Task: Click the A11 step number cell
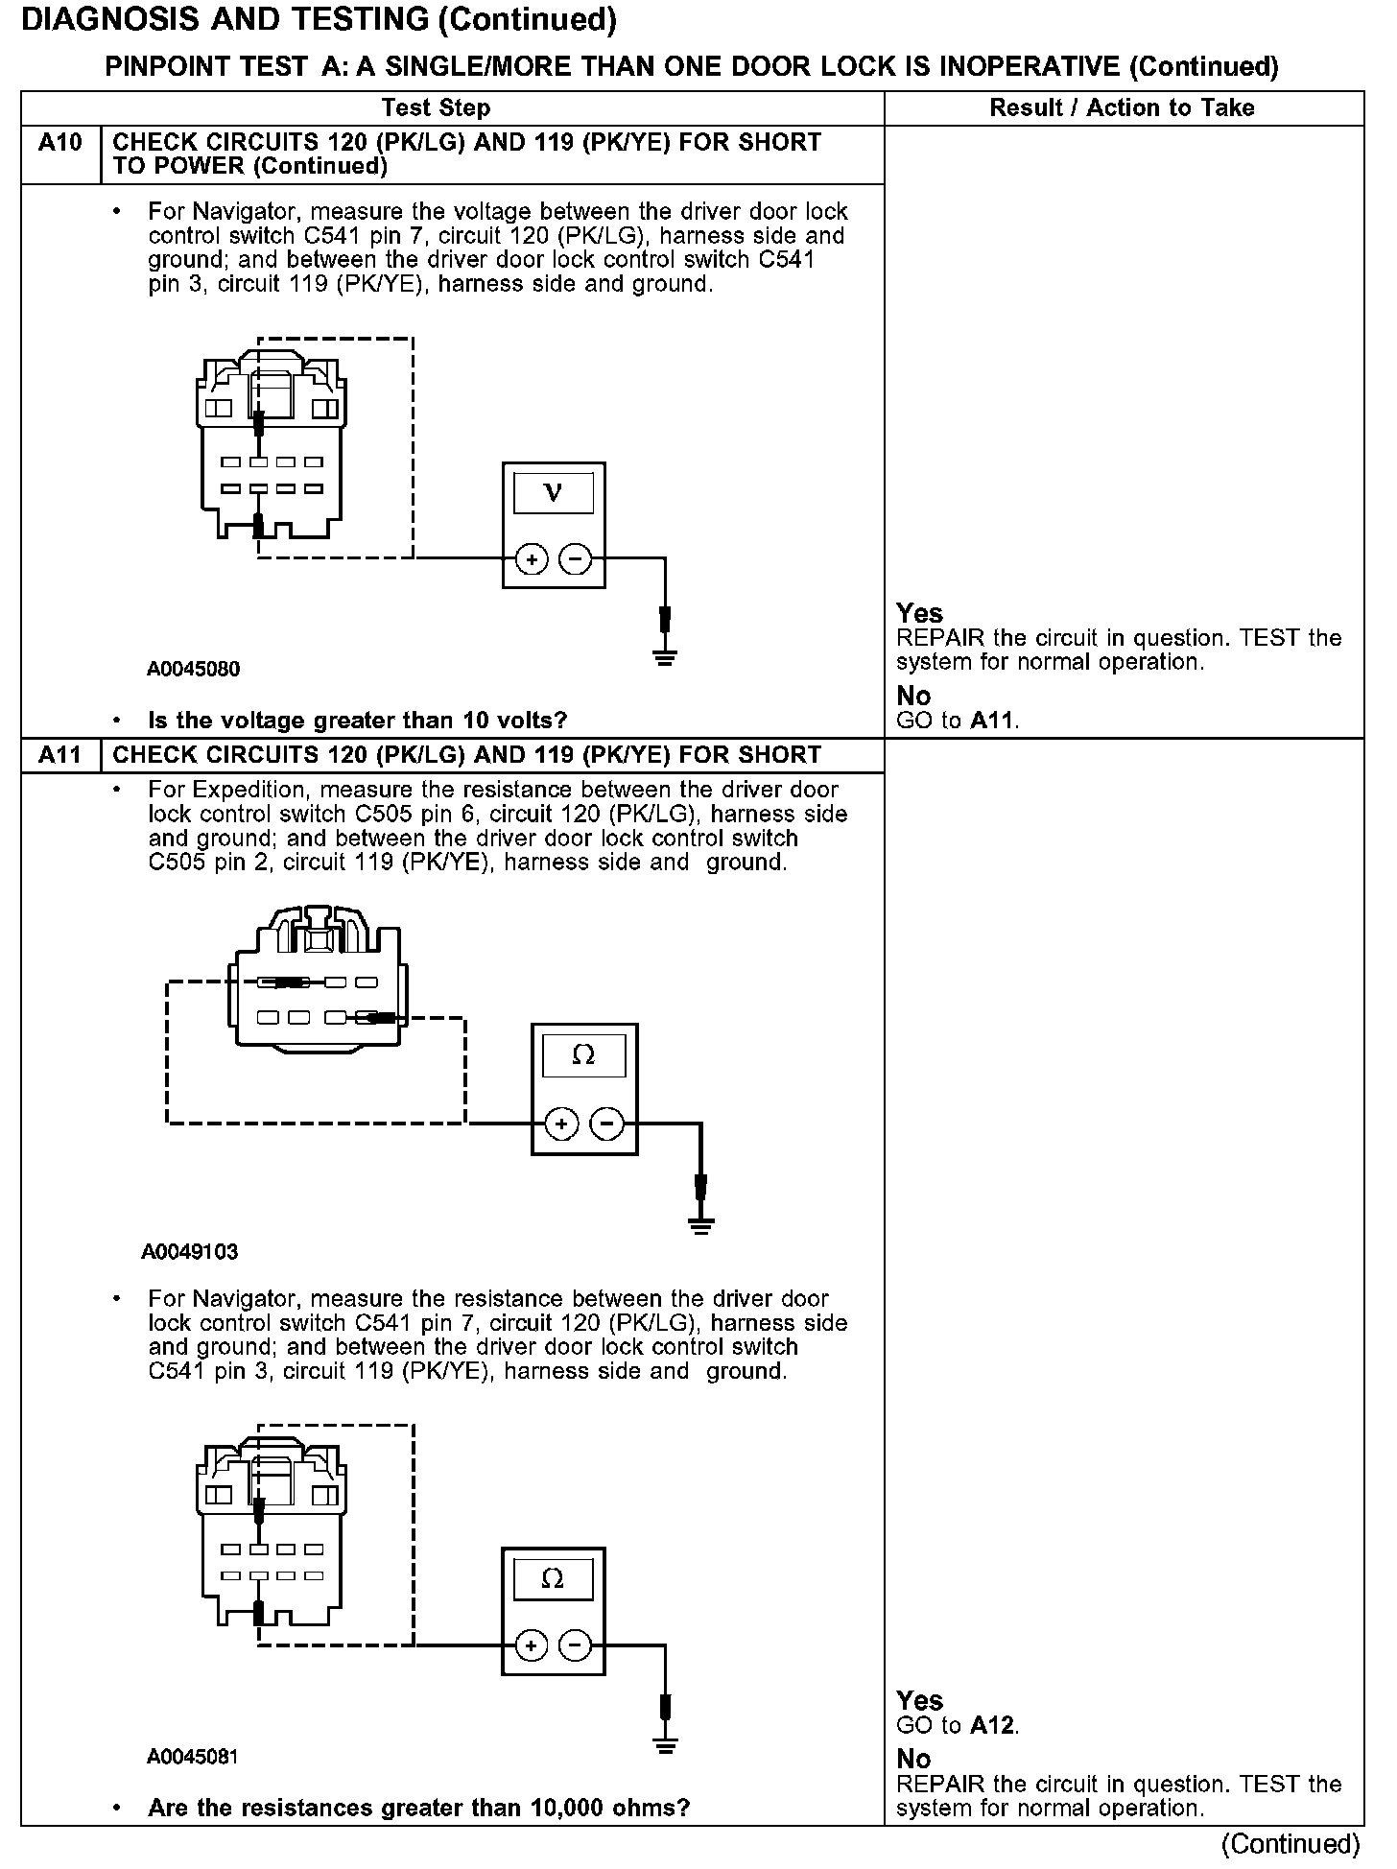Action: click(60, 755)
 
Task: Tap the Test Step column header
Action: click(436, 108)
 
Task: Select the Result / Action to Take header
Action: click(1122, 108)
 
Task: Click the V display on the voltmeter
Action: click(554, 494)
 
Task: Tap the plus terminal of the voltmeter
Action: click(532, 558)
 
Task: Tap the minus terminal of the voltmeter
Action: click(575, 558)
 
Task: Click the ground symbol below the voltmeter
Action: click(664, 657)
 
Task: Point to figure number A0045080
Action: click(193, 670)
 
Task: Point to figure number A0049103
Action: click(190, 1252)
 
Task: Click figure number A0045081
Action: click(193, 1757)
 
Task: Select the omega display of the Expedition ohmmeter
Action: click(583, 1056)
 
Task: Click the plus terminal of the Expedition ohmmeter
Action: click(562, 1123)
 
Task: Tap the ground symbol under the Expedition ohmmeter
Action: click(701, 1223)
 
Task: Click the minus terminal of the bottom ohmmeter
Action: click(575, 1646)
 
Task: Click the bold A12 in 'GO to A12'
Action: click(992, 1725)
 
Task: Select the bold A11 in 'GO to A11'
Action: click(992, 721)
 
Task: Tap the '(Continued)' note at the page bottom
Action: click(1290, 1844)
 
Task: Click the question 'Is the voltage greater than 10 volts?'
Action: click(357, 721)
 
